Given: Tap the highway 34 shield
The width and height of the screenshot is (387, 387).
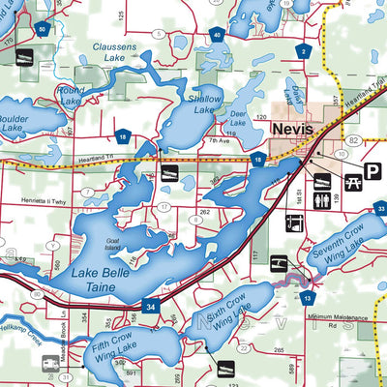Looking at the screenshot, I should pyautogui.click(x=151, y=308).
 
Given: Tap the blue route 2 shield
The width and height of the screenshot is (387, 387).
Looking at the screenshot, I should pyautogui.click(x=304, y=50).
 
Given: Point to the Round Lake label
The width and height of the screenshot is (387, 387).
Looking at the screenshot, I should pyautogui.click(x=71, y=96).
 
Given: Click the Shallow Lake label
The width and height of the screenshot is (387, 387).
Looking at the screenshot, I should pyautogui.click(x=204, y=104).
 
